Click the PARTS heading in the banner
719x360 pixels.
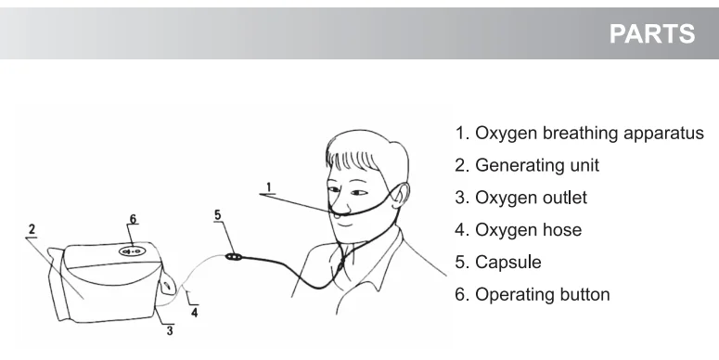[652, 33]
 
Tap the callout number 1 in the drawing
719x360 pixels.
[269, 187]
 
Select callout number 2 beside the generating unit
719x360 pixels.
[32, 229]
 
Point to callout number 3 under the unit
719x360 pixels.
[170, 330]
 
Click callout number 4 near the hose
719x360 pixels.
[195, 313]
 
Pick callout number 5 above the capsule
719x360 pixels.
[218, 214]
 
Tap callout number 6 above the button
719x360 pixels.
[133, 219]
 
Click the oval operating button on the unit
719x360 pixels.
[131, 251]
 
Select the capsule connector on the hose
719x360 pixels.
[234, 257]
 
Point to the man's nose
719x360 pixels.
[339, 207]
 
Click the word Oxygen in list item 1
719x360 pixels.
[506, 134]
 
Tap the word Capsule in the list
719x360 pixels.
[508, 263]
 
